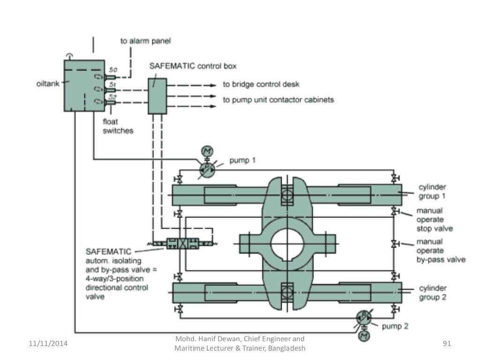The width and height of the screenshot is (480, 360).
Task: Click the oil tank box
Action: (84, 85)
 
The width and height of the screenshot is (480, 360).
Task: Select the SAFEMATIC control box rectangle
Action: (157, 96)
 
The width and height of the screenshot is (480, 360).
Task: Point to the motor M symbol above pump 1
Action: (207, 151)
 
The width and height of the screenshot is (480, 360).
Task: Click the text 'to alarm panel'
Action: (146, 41)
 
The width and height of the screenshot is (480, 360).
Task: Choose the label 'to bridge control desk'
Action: (261, 85)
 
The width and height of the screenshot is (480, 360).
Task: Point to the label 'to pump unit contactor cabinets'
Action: (278, 100)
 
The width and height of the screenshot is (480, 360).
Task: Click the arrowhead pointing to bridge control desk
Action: (213, 85)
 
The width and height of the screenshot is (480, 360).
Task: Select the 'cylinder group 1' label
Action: (432, 192)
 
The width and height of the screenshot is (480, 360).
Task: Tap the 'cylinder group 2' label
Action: (432, 292)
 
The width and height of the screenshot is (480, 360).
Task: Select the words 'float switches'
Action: (118, 127)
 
